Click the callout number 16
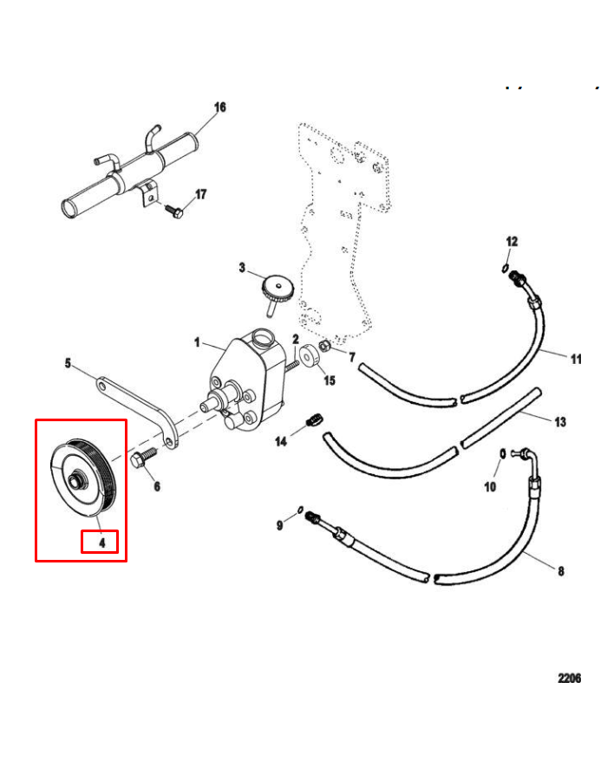(x=220, y=107)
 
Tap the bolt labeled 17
(x=174, y=211)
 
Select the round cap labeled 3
(x=277, y=289)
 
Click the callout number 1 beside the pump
(x=197, y=342)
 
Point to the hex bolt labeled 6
(x=144, y=457)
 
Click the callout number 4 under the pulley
(x=102, y=543)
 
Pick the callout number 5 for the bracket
(x=68, y=363)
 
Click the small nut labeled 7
(x=323, y=345)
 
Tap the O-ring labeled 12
(x=505, y=269)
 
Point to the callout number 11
(x=576, y=359)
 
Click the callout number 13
(x=560, y=422)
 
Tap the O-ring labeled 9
(x=300, y=510)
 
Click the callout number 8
(x=561, y=571)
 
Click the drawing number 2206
(x=569, y=679)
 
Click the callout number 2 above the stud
(x=296, y=340)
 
